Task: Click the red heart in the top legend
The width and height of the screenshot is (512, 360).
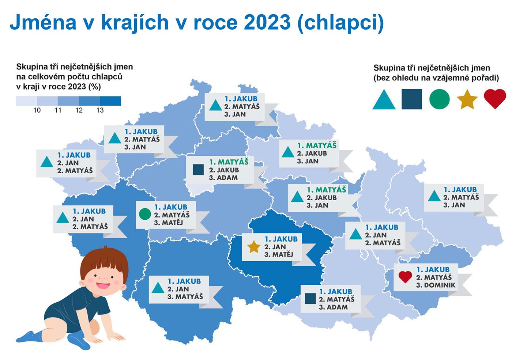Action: tap(495, 98)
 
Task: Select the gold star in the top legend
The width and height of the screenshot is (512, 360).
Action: tap(467, 99)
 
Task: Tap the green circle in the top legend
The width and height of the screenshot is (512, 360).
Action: tap(439, 99)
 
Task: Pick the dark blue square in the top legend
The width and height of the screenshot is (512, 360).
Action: tap(412, 99)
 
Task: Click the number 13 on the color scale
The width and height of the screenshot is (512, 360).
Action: tap(100, 110)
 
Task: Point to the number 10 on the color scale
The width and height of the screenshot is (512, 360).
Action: tap(37, 110)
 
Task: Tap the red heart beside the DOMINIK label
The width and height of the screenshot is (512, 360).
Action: tap(405, 277)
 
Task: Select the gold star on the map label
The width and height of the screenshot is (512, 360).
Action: tap(254, 247)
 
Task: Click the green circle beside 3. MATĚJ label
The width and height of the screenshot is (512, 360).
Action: tap(145, 214)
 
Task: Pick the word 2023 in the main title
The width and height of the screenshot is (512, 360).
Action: tap(267, 22)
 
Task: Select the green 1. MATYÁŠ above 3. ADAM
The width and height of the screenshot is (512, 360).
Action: tap(229, 162)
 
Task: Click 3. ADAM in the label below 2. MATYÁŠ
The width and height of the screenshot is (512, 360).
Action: tap(333, 307)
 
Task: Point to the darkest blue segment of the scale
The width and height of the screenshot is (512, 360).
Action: tap(110, 101)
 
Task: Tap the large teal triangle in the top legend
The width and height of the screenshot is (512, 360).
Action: tap(384, 99)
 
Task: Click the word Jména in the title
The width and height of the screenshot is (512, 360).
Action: tap(43, 22)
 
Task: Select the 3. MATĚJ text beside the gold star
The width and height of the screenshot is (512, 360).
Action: tap(279, 254)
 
